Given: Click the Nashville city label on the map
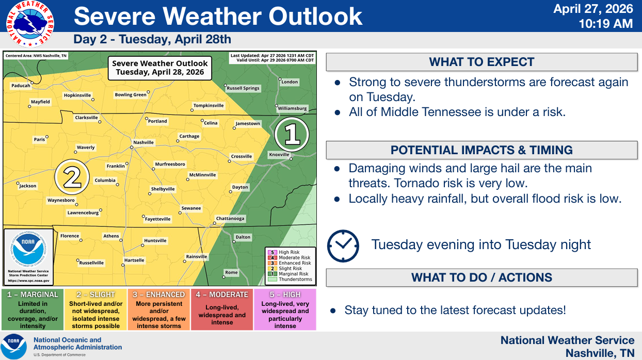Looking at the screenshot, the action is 143,142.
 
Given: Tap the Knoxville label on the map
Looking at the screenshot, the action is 279,155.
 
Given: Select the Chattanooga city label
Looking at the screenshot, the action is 230,219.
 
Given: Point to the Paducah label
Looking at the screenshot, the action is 21,85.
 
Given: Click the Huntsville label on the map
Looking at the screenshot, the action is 155,240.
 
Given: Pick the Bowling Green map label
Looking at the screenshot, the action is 131,95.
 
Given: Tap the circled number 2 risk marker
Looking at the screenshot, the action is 72,177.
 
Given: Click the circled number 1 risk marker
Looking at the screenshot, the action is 292,134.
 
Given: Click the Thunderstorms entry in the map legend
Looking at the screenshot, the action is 290,279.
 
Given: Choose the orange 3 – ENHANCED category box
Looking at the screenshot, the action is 159,309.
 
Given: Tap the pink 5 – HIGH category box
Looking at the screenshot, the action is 285,309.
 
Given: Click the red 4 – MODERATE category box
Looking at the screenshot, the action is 222,309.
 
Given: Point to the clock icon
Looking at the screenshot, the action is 343,246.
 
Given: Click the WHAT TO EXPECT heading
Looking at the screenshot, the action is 481,62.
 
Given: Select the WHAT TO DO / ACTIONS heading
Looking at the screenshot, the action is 481,277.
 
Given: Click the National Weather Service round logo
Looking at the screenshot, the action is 30,24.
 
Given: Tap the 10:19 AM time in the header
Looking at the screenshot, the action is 605,24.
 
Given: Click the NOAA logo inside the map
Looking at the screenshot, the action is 28,248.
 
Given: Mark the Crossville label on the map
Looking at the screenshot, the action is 242,156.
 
